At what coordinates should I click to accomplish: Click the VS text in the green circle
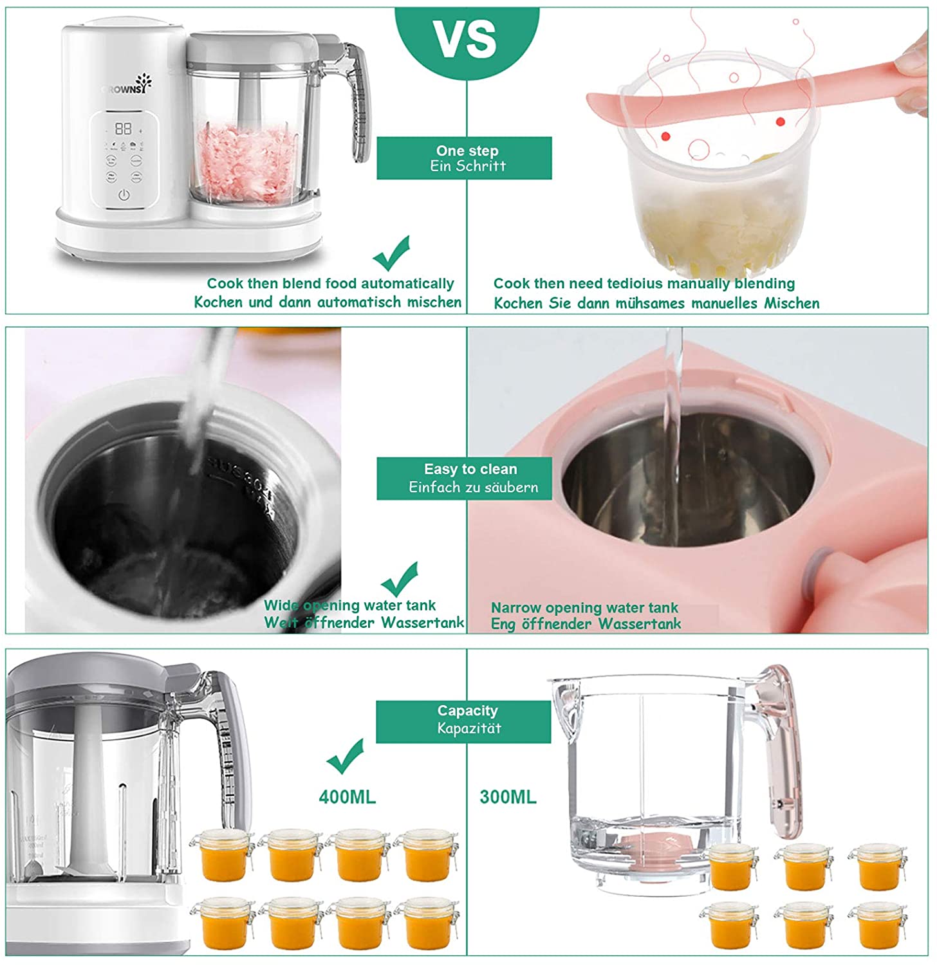tap(466, 39)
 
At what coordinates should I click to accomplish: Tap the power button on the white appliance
tap(124, 195)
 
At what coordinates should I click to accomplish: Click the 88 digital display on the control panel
tap(123, 129)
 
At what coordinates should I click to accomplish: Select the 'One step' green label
tap(464, 158)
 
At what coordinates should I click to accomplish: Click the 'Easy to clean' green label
tap(464, 478)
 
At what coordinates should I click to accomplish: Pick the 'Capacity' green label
tap(463, 721)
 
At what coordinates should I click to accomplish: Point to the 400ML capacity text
tap(347, 797)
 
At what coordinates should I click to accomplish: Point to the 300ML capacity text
tap(508, 797)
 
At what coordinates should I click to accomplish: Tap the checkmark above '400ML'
tap(346, 756)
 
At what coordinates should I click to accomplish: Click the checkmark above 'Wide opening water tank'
tap(400, 579)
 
